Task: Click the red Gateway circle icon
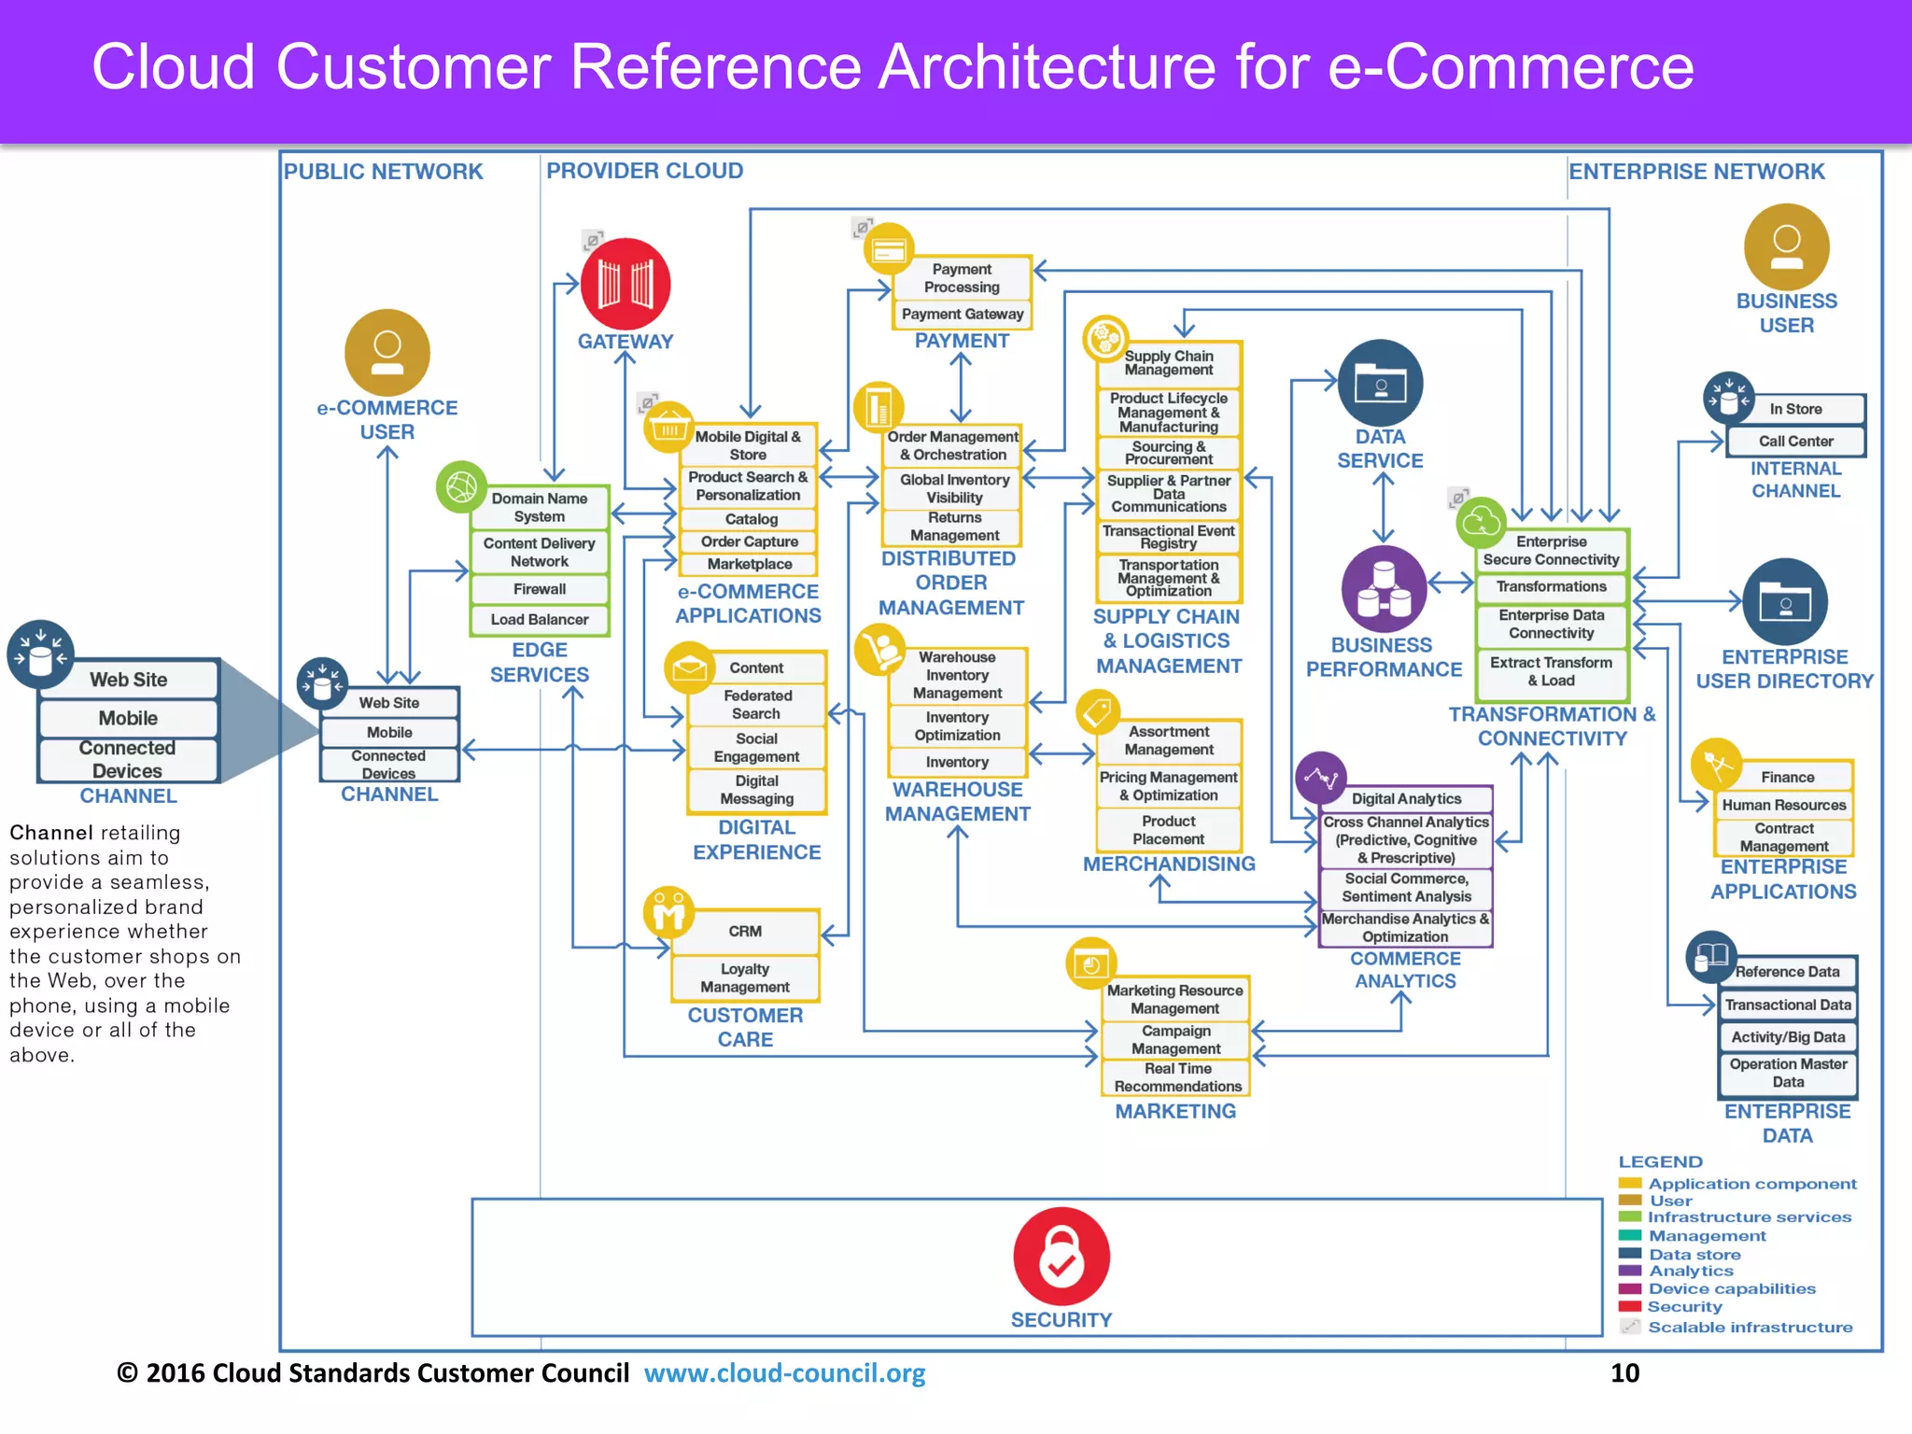click(x=625, y=284)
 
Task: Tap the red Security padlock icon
click(x=1061, y=1256)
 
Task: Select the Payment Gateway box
click(x=962, y=315)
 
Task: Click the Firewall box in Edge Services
click(x=540, y=589)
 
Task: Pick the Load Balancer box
click(x=540, y=619)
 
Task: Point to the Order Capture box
click(x=749, y=541)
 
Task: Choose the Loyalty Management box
click(x=745, y=977)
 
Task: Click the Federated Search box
click(x=756, y=704)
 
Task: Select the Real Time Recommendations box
click(x=1176, y=1077)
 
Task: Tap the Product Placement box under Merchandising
click(x=1169, y=830)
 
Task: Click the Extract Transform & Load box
click(x=1551, y=671)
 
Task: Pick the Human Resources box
click(x=1783, y=805)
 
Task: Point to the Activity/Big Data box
click(x=1787, y=1037)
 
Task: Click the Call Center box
click(x=1795, y=441)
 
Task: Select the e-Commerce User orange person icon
click(x=387, y=352)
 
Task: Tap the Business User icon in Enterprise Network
click(x=1786, y=246)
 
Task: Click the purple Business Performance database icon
click(x=1383, y=589)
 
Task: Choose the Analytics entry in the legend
click(x=1690, y=1271)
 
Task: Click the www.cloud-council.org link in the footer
click(x=784, y=1373)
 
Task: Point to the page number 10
click(x=1624, y=1373)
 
